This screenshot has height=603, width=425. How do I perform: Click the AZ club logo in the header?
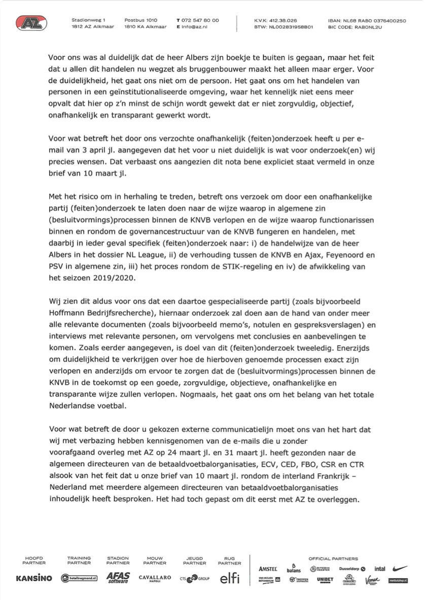click(31, 23)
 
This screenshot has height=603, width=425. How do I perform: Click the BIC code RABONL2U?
click(364, 27)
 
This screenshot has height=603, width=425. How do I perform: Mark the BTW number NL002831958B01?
click(291, 27)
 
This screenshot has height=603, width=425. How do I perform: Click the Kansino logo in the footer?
click(34, 578)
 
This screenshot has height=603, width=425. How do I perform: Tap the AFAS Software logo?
click(118, 578)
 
